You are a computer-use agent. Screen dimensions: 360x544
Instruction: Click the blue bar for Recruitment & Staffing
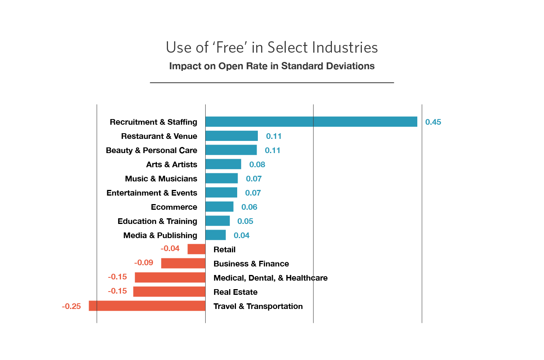point(311,121)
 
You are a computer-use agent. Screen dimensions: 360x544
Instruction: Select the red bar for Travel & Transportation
point(147,306)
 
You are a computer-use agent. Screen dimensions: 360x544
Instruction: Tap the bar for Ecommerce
point(219,207)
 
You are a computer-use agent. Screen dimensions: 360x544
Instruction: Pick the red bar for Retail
point(196,249)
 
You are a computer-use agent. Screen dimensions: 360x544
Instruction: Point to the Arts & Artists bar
point(223,164)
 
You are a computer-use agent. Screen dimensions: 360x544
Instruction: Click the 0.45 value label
point(433,122)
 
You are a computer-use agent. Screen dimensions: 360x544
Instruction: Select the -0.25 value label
point(71,307)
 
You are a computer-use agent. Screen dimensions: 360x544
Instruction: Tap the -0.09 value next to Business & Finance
point(144,262)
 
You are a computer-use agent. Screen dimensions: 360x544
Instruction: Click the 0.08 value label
point(257,164)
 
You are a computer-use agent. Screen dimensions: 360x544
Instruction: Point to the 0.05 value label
point(245,221)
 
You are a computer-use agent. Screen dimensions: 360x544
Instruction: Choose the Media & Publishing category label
point(160,235)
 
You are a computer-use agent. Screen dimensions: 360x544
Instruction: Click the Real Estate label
point(235,292)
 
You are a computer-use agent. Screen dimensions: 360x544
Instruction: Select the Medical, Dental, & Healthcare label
point(270,278)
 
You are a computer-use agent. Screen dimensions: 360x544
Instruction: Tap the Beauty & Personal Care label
point(151,150)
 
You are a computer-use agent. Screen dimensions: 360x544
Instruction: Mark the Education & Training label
point(157,221)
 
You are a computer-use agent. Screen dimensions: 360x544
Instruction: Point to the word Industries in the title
point(344,47)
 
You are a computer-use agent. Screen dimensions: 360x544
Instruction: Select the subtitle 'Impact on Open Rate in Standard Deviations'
point(272,66)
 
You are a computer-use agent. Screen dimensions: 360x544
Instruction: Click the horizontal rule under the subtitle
point(272,83)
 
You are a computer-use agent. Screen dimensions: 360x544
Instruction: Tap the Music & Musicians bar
point(221,178)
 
